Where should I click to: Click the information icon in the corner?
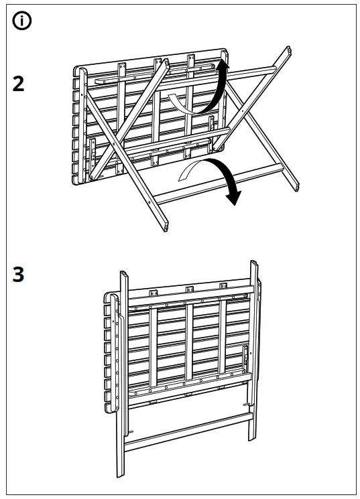coord(23,21)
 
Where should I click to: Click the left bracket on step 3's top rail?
coord(154,292)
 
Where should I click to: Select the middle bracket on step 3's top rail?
coord(188,290)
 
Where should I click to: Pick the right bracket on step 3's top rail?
coord(223,287)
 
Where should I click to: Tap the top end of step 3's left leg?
coord(124,275)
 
